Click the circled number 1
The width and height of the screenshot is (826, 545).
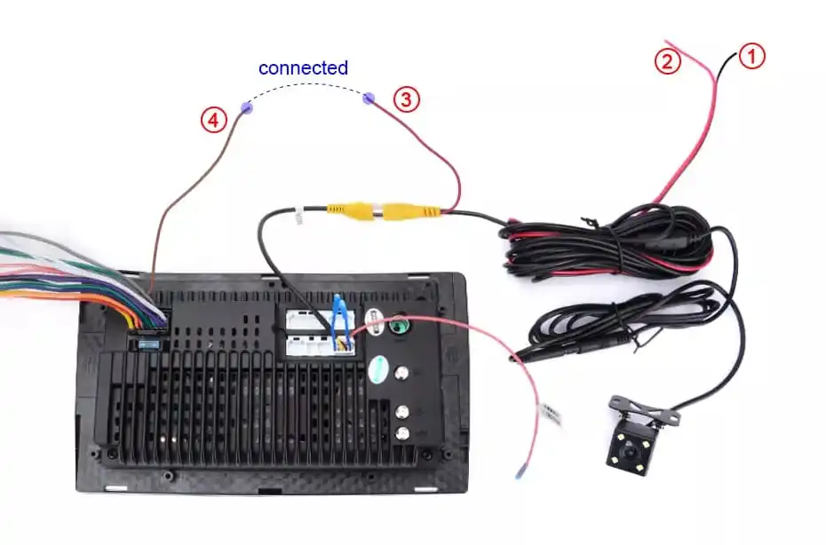[751, 57]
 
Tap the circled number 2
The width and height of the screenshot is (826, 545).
[668, 61]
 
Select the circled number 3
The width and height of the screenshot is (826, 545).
[406, 99]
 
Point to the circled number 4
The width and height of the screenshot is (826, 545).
[213, 121]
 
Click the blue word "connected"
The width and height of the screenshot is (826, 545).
[303, 67]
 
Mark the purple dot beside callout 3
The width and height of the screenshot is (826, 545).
[369, 98]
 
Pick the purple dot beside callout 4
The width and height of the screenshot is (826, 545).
[246, 108]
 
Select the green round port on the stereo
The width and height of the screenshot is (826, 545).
[400, 325]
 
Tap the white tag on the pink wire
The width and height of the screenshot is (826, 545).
[551, 415]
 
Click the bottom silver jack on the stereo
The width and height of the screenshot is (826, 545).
[403, 433]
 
